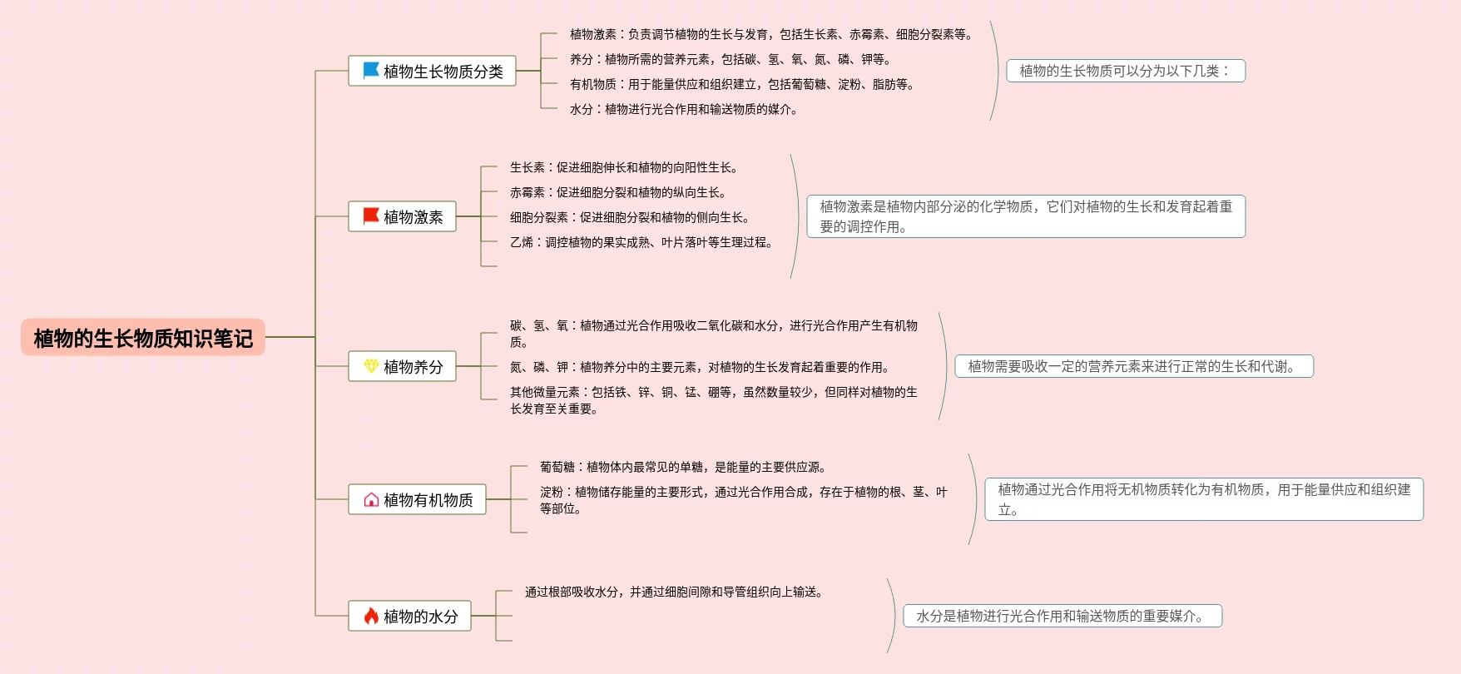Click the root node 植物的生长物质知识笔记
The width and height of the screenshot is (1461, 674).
coord(143,338)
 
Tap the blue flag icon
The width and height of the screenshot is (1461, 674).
coord(371,71)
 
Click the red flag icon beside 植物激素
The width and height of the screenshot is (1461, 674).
coord(371,216)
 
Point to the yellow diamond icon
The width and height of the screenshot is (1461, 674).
coord(371,366)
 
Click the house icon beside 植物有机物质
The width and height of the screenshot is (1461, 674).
coord(371,499)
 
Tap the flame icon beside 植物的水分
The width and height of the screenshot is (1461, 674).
coord(371,616)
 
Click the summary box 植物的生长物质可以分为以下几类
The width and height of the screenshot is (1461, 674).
coord(1125,71)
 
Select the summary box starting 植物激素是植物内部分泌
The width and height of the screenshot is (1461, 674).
coord(1026,216)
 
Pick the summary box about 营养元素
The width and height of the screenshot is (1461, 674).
coord(1134,366)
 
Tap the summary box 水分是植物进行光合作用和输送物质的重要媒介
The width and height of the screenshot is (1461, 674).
coord(1062,616)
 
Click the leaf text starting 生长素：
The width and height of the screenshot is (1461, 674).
coord(623,167)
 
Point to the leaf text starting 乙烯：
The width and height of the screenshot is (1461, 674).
coord(641,242)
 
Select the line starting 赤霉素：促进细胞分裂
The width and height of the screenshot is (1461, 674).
coord(618,192)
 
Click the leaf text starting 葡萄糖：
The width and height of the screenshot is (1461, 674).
coord(682,467)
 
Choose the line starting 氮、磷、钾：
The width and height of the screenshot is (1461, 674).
coord(700,367)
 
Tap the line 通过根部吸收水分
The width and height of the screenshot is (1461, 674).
coord(674,592)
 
